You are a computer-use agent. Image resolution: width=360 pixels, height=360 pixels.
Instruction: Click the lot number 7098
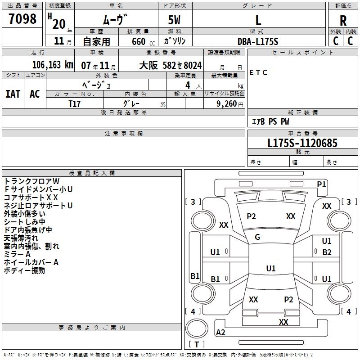pyautogui.click(x=22, y=18)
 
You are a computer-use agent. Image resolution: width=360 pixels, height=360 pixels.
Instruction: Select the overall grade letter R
pyautogui.click(x=343, y=21)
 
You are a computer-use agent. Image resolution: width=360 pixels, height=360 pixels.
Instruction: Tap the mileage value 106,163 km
pyautogui.click(x=53, y=65)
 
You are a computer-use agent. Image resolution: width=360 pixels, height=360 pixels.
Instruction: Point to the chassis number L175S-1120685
pyautogui.click(x=302, y=143)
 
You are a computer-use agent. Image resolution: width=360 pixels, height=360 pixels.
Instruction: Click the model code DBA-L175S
pyautogui.click(x=258, y=41)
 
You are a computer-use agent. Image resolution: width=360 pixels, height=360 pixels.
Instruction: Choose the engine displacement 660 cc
pyautogui.click(x=143, y=42)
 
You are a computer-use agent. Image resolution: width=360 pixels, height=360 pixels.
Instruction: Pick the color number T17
pyautogui.click(x=74, y=104)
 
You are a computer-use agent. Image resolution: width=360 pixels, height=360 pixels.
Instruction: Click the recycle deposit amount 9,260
pyautogui.click(x=227, y=104)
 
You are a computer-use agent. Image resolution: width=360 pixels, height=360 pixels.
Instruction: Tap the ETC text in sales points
pyautogui.click(x=258, y=72)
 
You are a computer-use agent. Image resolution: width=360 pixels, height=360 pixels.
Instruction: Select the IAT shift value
pyautogui.click(x=13, y=94)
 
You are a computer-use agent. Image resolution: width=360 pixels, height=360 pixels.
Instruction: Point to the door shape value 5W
pyautogui.click(x=174, y=20)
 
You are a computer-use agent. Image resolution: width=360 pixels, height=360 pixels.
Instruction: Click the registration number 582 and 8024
pyautogui.click(x=182, y=65)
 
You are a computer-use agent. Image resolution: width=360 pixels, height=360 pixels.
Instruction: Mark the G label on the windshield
pyautogui.click(x=257, y=237)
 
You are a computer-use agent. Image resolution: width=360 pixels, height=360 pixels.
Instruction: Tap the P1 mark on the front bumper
pyautogui.click(x=321, y=184)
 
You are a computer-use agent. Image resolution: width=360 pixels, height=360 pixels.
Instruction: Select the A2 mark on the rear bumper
pyautogui.click(x=220, y=332)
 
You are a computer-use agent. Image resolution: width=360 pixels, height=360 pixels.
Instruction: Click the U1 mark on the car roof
pyautogui.click(x=271, y=268)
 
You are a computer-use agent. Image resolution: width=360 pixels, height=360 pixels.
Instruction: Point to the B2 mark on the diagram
pyautogui.click(x=327, y=252)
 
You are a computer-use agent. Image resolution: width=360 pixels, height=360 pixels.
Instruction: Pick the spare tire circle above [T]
pyautogui.click(x=197, y=328)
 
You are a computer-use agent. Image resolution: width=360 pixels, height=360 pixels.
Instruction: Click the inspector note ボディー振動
pyautogui.click(x=24, y=270)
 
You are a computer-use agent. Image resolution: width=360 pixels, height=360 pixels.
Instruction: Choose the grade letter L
pyautogui.click(x=258, y=20)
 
